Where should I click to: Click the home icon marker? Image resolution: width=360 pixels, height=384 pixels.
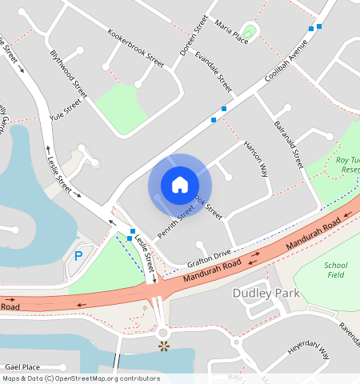pyautogui.click(x=180, y=185)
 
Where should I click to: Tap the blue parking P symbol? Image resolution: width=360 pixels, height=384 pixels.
pyautogui.click(x=78, y=256)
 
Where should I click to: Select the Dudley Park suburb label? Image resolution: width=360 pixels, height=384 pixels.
pyautogui.click(x=266, y=294)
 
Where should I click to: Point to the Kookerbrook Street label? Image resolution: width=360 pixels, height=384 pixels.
pyautogui.click(x=135, y=48)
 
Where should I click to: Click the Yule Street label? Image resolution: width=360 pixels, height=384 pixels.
pyautogui.click(x=66, y=108)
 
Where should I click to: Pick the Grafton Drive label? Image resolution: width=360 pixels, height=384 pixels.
pyautogui.click(x=209, y=258)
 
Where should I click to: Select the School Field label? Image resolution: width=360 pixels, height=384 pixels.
pyautogui.click(x=337, y=270)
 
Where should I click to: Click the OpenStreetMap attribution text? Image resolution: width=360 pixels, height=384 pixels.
pyautogui.click(x=81, y=378)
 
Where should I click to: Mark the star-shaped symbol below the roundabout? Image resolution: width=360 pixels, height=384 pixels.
pyautogui.click(x=164, y=346)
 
